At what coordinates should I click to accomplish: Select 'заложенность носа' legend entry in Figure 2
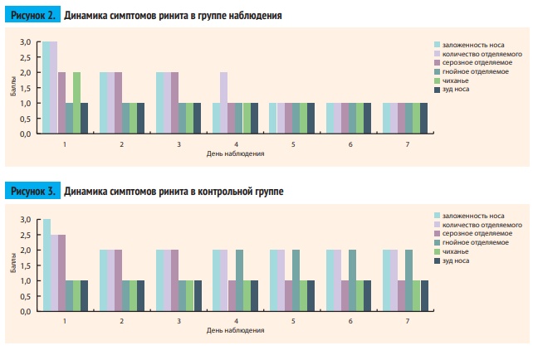(x=472, y=44)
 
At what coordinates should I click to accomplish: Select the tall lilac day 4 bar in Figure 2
(x=223, y=102)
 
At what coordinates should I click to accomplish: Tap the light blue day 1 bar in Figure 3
(x=47, y=265)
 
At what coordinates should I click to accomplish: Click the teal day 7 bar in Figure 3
(x=409, y=280)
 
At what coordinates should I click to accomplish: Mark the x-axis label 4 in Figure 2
(x=236, y=144)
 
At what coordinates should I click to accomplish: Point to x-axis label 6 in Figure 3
(x=350, y=321)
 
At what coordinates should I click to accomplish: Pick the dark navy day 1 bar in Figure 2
(x=84, y=118)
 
